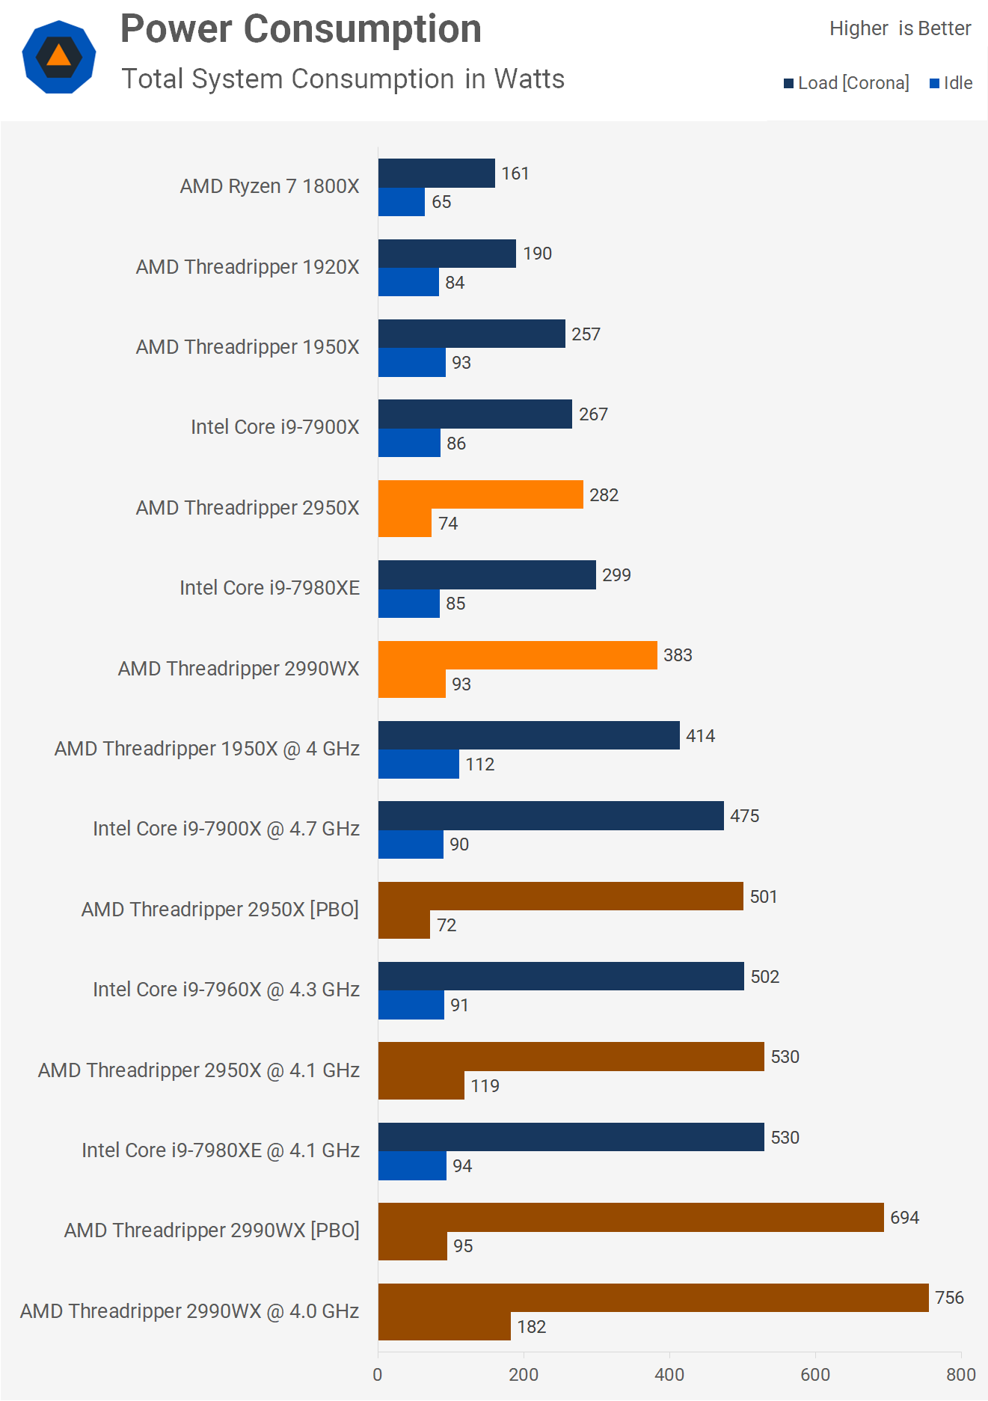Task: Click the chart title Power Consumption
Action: point(301,30)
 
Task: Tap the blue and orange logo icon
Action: point(59,57)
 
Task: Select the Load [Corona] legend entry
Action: point(847,83)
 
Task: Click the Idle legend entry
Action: point(951,83)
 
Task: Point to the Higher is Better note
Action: point(900,28)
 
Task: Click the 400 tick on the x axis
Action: point(669,1375)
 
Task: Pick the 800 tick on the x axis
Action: point(960,1375)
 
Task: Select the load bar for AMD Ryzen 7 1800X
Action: point(436,174)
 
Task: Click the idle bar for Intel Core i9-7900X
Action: point(409,443)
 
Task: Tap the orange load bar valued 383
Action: point(518,655)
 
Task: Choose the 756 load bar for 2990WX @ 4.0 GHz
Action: point(653,1298)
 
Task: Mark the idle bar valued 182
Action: point(444,1326)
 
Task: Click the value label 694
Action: point(904,1218)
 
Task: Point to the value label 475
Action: point(744,816)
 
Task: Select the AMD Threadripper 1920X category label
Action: point(248,267)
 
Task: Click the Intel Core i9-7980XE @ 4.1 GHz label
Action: point(221,1150)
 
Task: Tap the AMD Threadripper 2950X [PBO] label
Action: point(220,910)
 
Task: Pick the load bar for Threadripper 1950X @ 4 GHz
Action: point(529,735)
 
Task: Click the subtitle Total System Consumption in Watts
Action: point(343,79)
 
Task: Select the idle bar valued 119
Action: point(421,1085)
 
